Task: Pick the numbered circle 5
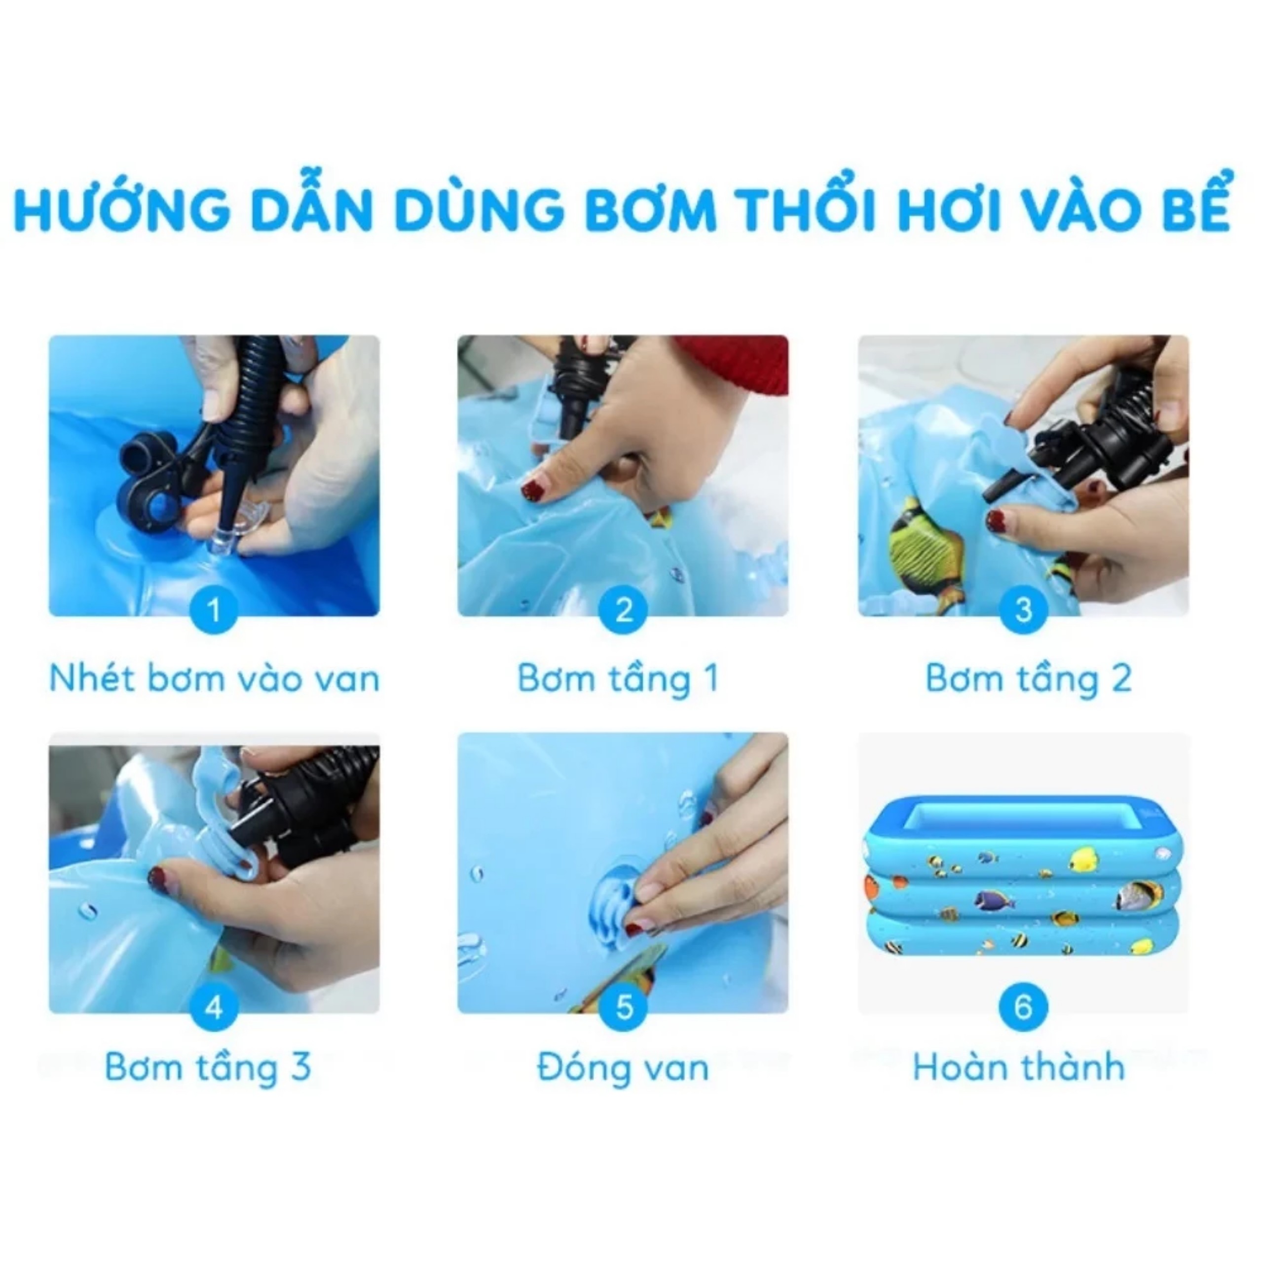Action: tap(623, 1007)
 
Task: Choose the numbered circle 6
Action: tap(1023, 1007)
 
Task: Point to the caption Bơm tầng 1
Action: tap(618, 678)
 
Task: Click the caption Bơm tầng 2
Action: tap(1028, 678)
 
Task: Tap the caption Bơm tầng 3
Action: tap(207, 1068)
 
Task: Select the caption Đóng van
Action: tap(622, 1068)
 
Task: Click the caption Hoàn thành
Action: tap(1018, 1068)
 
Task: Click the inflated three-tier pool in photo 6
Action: tap(1023, 876)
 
